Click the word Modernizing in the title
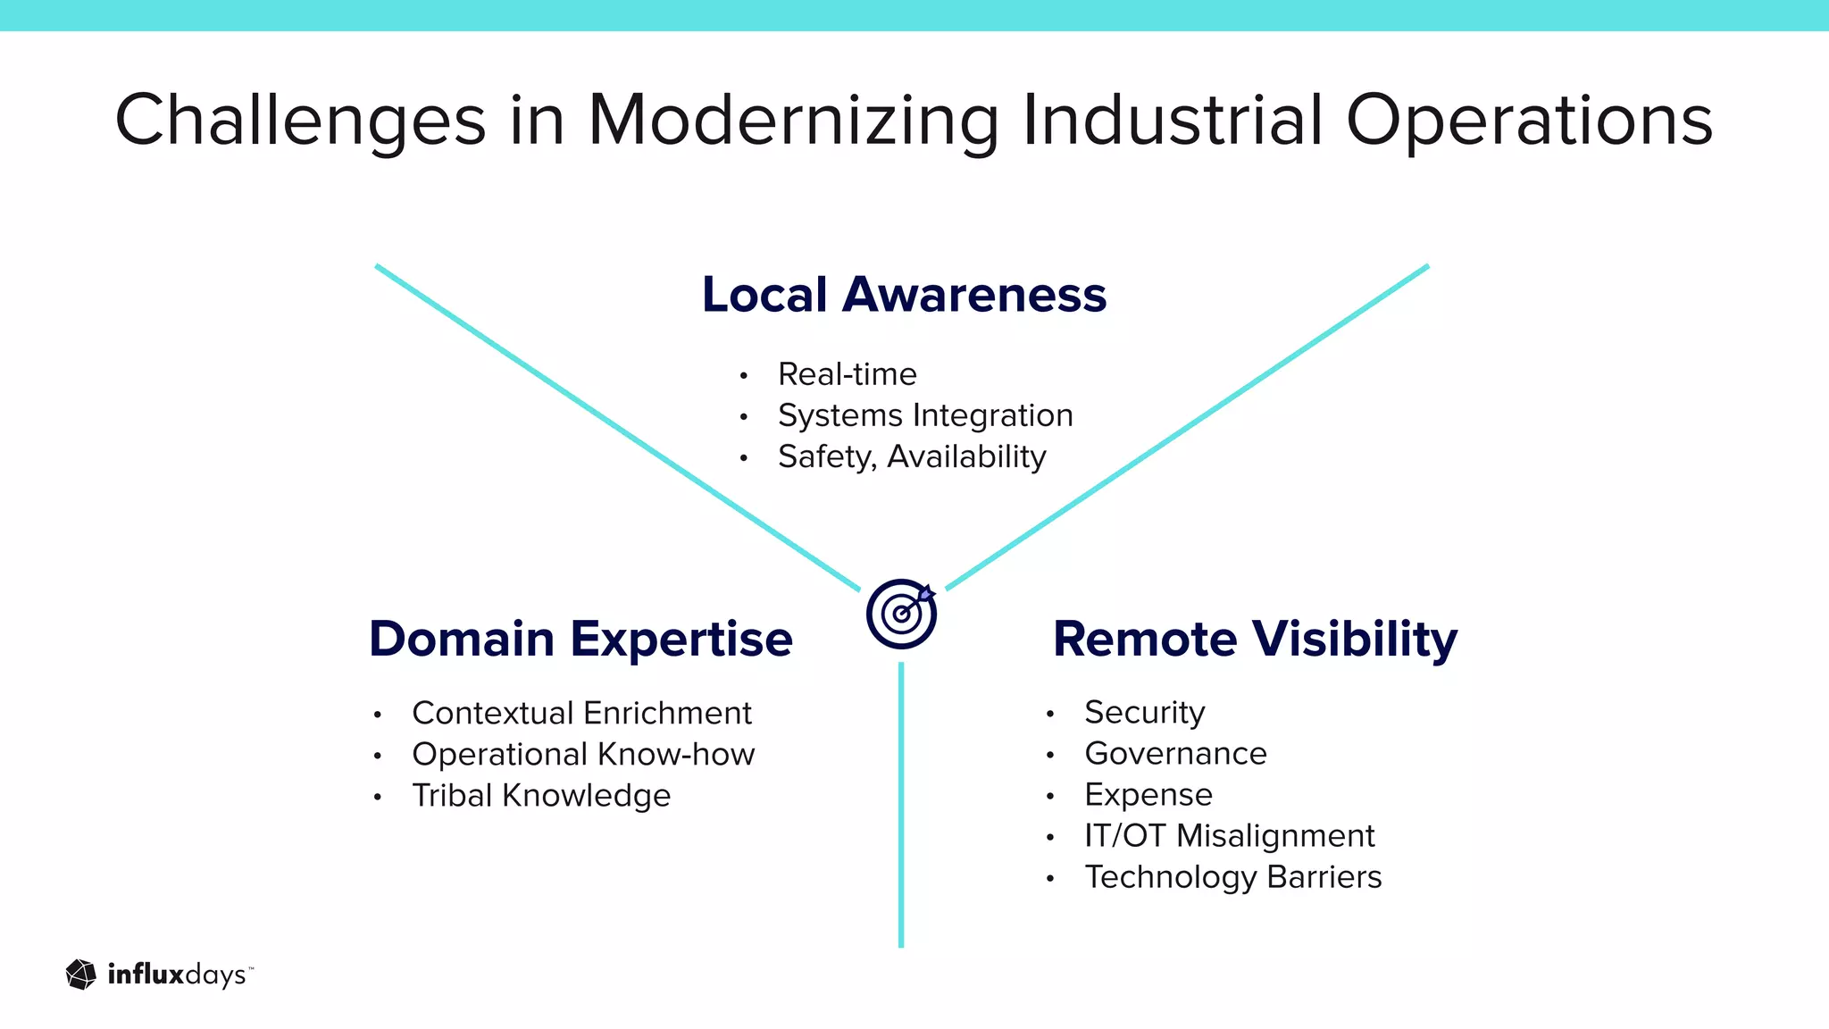[x=793, y=121]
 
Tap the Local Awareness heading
[x=904, y=295]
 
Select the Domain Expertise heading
[x=580, y=639]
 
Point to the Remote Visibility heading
[x=1255, y=639]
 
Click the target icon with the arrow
[x=901, y=614]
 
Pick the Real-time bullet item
[x=847, y=374]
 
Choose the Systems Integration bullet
[x=925, y=415]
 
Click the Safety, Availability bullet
[x=912, y=456]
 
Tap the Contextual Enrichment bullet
[x=581, y=713]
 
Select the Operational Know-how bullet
[x=583, y=754]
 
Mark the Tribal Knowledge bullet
[x=541, y=795]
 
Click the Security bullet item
[x=1144, y=712]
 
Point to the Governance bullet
[x=1175, y=753]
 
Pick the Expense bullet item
[x=1148, y=794]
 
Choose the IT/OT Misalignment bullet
[x=1229, y=835]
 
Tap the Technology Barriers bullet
[x=1232, y=876]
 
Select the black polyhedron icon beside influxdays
[x=81, y=975]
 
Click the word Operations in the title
[x=1529, y=121]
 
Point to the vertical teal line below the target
[x=901, y=804]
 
